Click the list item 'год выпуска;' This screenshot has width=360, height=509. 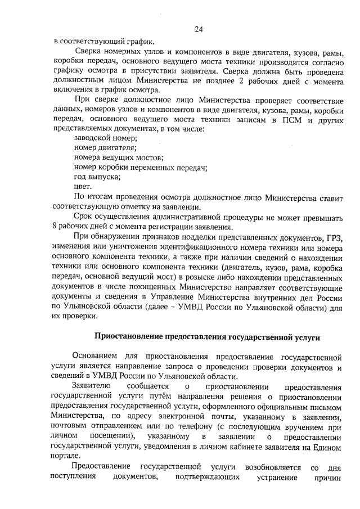point(97,177)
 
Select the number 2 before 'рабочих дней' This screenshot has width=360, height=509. point(240,82)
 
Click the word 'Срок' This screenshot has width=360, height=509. point(83,217)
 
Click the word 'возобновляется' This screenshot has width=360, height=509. point(273,468)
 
